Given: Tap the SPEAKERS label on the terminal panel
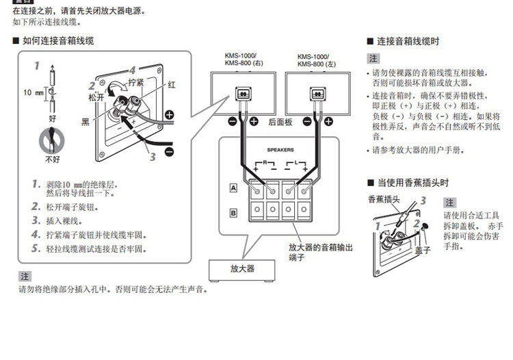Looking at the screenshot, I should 280,148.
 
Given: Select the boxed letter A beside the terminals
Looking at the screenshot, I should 233,188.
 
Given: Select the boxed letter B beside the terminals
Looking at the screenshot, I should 233,213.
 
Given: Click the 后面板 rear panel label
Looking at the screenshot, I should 280,122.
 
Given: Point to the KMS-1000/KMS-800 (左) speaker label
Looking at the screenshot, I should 313,60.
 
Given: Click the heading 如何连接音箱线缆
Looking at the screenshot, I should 58,41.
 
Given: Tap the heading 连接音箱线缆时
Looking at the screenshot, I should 408,41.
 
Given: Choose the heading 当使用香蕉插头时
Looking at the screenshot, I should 412,183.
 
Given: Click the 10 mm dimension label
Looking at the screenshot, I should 34,92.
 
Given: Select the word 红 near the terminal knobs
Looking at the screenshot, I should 171,85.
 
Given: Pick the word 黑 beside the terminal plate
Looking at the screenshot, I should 85,121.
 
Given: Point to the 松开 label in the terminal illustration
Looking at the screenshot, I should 96,98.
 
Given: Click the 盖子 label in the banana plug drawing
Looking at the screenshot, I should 422,250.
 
